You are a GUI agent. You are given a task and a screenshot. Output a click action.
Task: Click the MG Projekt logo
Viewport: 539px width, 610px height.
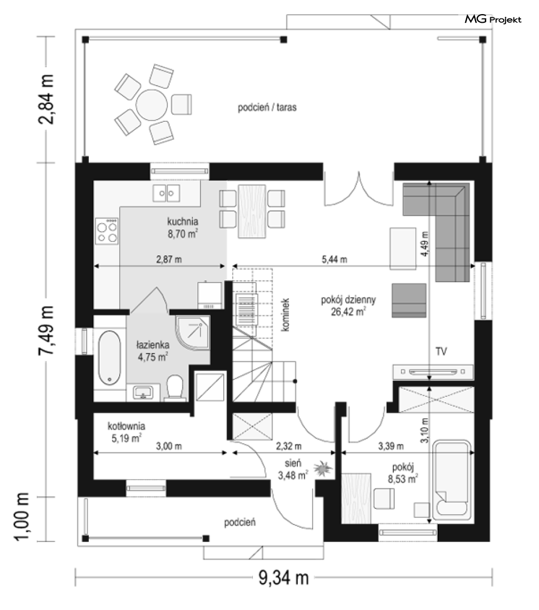(x=492, y=19)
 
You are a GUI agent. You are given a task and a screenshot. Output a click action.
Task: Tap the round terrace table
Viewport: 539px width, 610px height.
(x=152, y=104)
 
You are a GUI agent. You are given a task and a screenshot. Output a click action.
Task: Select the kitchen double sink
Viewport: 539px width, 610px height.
(x=166, y=193)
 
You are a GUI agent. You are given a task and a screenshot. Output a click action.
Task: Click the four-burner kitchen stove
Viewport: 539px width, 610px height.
(x=107, y=231)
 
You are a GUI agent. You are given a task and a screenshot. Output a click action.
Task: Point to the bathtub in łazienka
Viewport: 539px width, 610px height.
(x=109, y=358)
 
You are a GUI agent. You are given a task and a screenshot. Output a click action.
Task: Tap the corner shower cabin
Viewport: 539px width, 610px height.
(x=193, y=333)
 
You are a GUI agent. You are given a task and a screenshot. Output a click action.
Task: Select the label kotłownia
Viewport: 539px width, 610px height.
(x=127, y=426)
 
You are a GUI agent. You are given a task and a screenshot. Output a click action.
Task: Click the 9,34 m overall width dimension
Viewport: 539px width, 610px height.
(x=283, y=578)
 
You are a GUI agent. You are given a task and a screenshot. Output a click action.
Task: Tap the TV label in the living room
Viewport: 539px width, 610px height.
(x=441, y=352)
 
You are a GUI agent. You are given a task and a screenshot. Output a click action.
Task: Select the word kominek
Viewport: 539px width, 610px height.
(x=285, y=314)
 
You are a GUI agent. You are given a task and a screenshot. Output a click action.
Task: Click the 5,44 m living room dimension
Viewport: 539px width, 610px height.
(x=335, y=259)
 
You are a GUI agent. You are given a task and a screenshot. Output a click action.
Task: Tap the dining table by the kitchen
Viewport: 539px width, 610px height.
(x=252, y=211)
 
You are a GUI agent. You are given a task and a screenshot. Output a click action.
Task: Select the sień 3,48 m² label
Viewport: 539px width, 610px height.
(x=293, y=469)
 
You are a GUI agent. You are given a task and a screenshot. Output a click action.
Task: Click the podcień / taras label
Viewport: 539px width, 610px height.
(x=267, y=107)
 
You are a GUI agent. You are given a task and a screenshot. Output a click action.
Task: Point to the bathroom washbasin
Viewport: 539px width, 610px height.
(x=143, y=392)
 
